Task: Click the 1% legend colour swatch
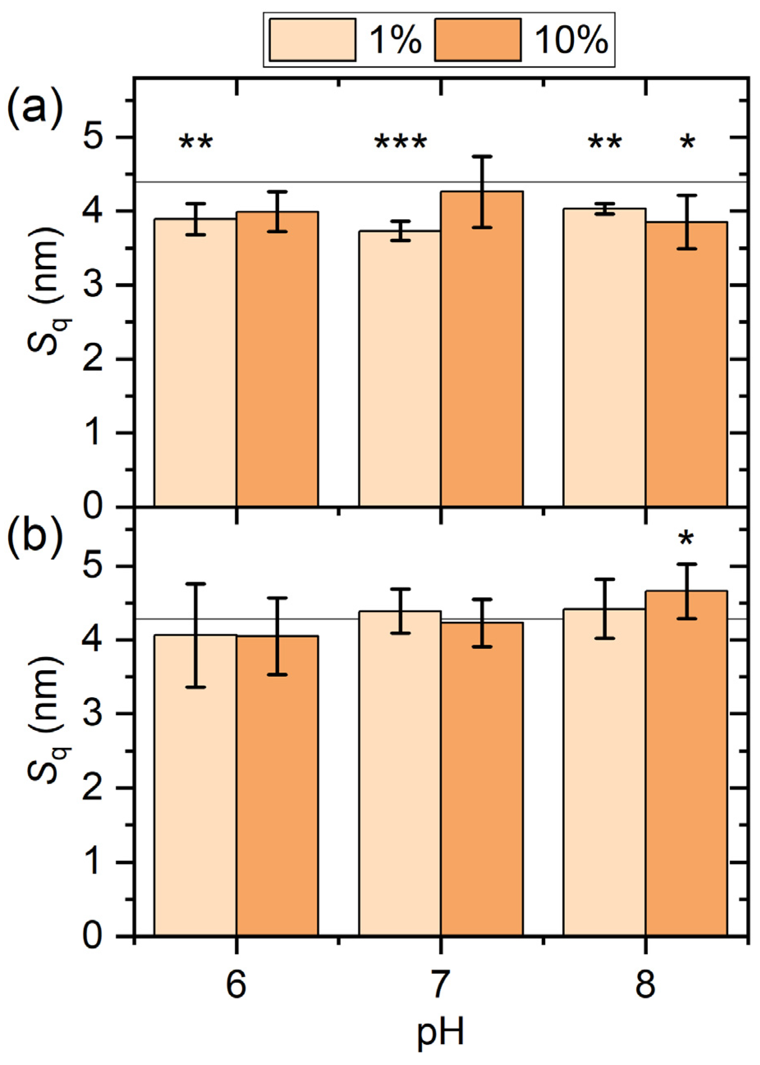[313, 40]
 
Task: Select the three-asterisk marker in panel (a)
[400, 143]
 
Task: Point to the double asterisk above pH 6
[196, 143]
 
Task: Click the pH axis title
[440, 1034]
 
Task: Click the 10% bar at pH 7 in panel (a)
[482, 351]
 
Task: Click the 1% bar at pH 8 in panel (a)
[604, 360]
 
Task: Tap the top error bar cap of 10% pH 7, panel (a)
[482, 156]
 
